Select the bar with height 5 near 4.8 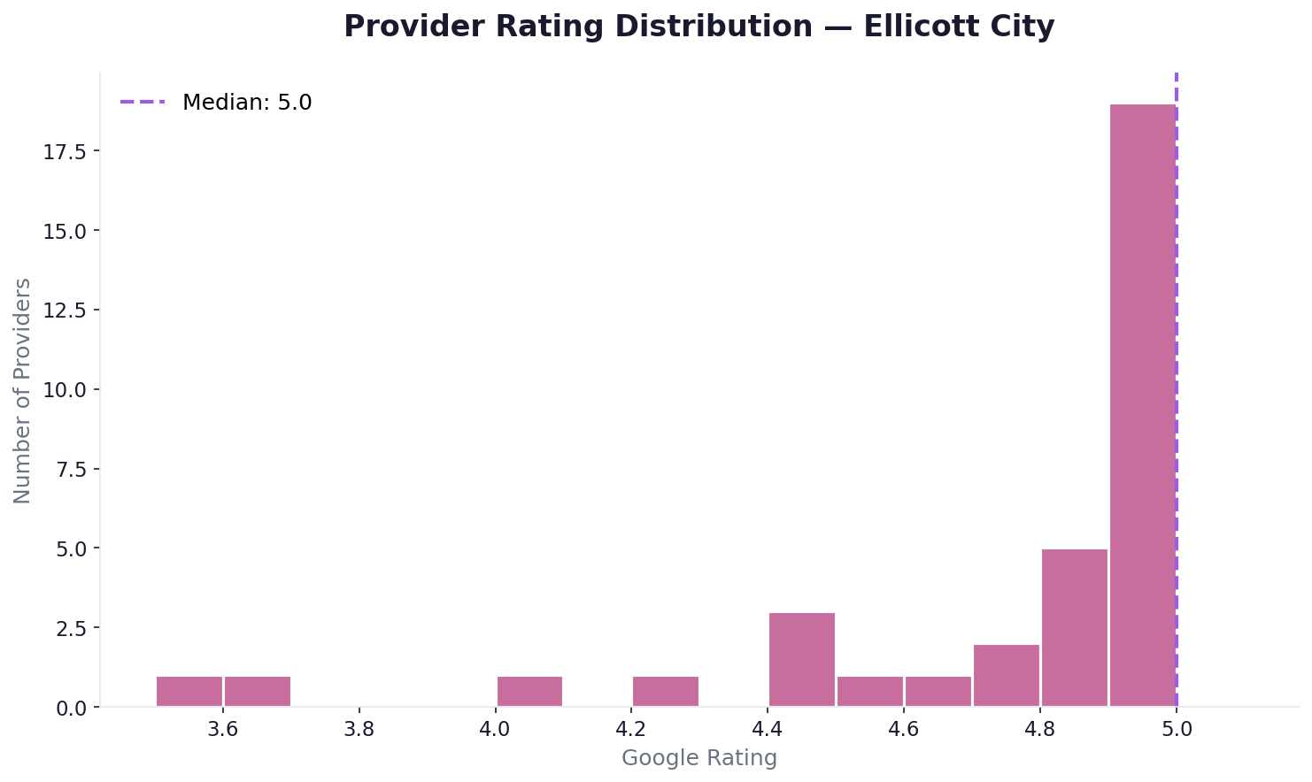click(1074, 627)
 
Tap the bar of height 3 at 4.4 click(801, 659)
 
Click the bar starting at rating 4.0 click(529, 691)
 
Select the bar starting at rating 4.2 click(665, 691)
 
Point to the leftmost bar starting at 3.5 click(189, 691)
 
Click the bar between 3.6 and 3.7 click(257, 691)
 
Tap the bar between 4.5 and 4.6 click(869, 691)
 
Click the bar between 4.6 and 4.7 click(938, 691)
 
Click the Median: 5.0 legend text click(247, 103)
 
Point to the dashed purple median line click(1176, 354)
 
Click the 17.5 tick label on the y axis click(65, 152)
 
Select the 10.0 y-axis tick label click(65, 390)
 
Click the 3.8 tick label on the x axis click(359, 729)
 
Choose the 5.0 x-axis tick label click(1176, 729)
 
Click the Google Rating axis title click(698, 758)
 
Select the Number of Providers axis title click(23, 390)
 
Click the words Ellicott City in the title click(959, 27)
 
